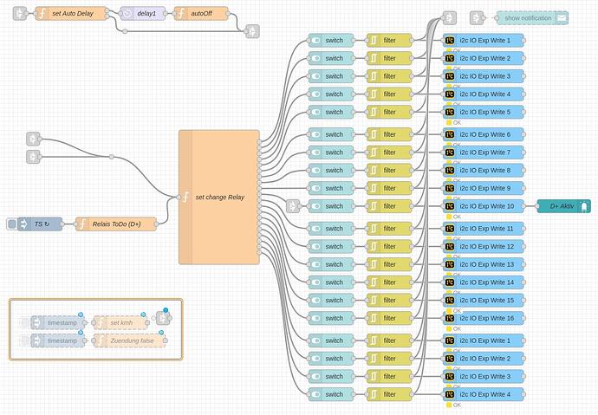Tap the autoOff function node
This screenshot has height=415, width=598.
(x=201, y=14)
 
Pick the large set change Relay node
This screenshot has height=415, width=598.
(x=218, y=197)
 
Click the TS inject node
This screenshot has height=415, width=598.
(x=40, y=224)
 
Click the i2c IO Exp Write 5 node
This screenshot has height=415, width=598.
(x=484, y=112)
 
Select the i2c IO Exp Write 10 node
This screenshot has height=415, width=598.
(x=484, y=206)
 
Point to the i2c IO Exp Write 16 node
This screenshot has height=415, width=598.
(x=484, y=318)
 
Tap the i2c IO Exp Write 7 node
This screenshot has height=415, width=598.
(x=484, y=152)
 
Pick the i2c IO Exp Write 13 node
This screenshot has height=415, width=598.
(x=484, y=264)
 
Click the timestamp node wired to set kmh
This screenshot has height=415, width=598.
(x=60, y=323)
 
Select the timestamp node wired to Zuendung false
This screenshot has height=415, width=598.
(x=60, y=340)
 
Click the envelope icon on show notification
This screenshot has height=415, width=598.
(x=562, y=17)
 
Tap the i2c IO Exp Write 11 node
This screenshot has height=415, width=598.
(x=484, y=229)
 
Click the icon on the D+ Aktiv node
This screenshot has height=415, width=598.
(x=585, y=206)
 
